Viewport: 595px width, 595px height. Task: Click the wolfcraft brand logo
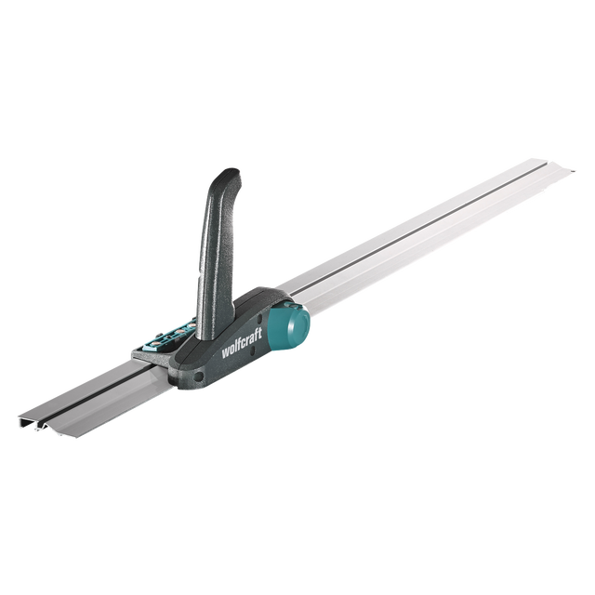[242, 348]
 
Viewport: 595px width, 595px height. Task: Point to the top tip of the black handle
[231, 171]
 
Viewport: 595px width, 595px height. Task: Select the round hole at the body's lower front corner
[198, 377]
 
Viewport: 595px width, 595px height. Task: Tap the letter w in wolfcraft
[225, 353]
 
